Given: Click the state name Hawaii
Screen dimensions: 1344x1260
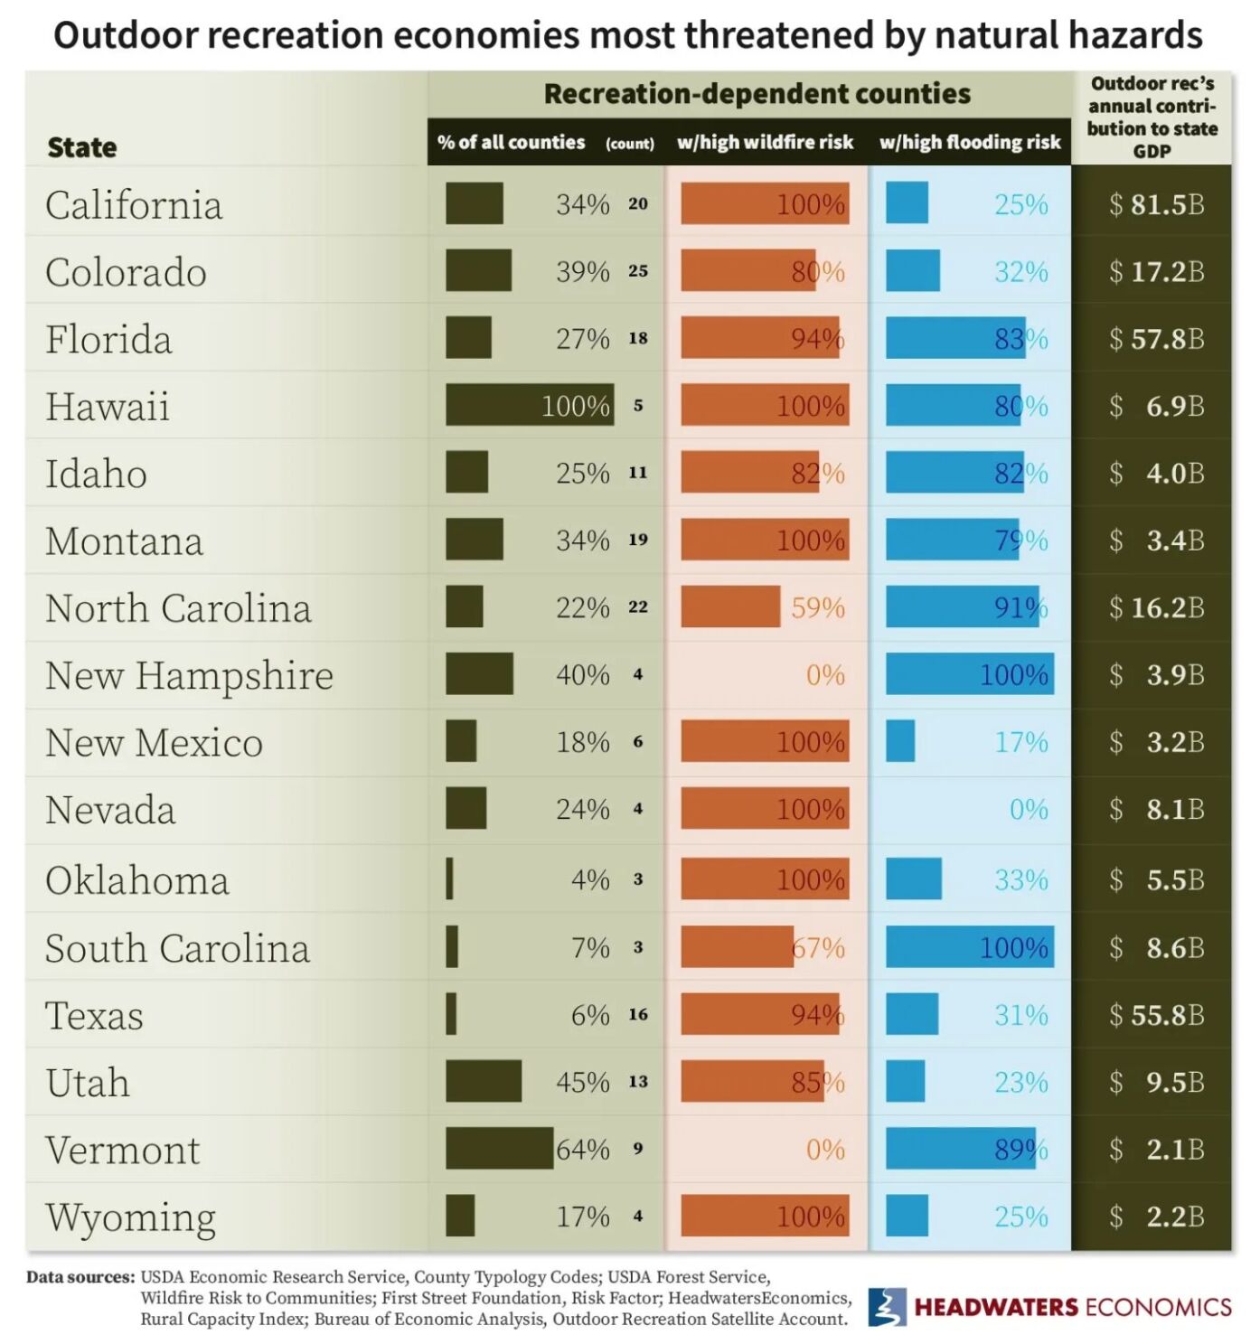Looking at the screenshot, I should [108, 406].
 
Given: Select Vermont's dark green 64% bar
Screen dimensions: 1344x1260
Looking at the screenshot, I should [499, 1148].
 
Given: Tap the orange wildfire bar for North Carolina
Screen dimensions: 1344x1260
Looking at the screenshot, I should [729, 606].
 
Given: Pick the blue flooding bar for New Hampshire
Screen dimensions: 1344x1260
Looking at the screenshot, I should [969, 674].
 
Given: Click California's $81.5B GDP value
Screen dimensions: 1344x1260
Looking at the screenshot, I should [1157, 204].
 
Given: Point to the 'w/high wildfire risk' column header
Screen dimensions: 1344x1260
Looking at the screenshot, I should [765, 142].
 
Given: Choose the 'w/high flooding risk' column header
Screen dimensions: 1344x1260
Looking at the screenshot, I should [969, 142].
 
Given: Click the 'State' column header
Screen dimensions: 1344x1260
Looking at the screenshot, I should [81, 147].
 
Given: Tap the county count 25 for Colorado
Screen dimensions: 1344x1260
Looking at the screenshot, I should [638, 271].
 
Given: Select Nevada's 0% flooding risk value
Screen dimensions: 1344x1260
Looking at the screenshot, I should [1029, 809].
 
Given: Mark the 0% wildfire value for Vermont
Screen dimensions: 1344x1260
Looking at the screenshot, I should [825, 1149].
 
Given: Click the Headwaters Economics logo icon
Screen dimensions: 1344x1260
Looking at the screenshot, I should [887, 1307].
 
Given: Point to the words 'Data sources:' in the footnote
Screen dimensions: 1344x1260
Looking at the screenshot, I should [80, 1277].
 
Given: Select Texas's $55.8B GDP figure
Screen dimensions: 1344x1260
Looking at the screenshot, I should [1157, 1015].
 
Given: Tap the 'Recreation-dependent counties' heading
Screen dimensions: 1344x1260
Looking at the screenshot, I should [757, 94].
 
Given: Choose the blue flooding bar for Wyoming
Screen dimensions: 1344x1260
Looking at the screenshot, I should [907, 1216].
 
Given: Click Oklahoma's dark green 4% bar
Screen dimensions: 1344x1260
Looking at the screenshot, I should [449, 879].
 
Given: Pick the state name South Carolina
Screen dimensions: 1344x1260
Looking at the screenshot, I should [177, 948].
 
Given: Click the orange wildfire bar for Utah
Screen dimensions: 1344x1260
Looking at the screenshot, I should [752, 1081].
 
